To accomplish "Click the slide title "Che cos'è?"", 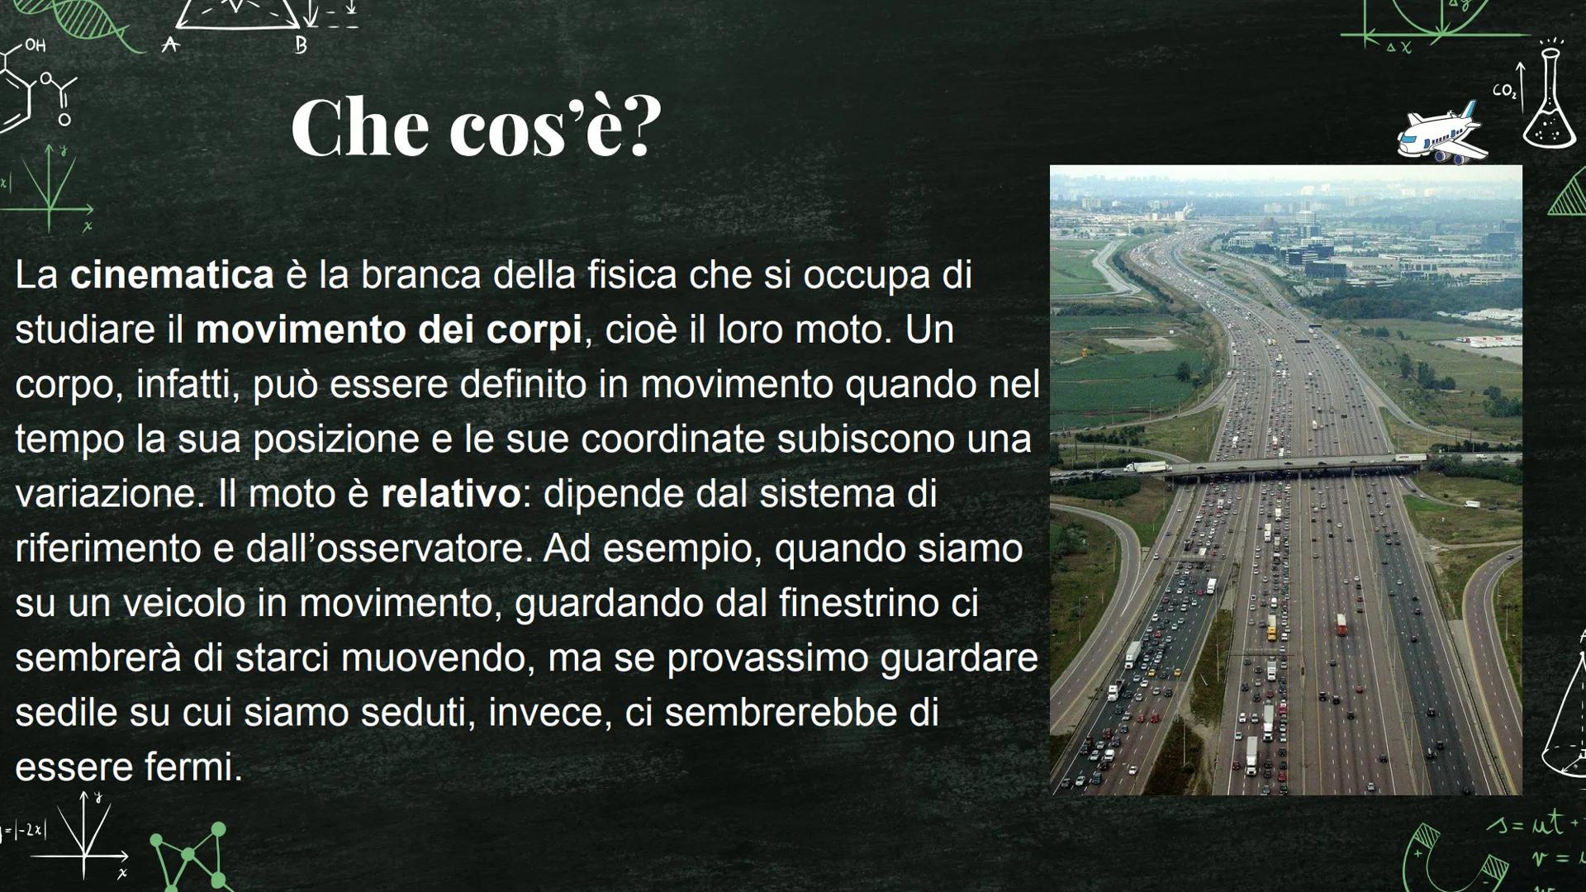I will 476,127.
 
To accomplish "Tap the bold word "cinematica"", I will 172,275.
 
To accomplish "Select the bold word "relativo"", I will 450,494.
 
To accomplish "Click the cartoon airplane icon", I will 1441,132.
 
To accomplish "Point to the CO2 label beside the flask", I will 1504,91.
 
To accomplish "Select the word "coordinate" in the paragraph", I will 672,439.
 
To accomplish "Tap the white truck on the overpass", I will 1147,467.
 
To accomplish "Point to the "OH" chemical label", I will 35,45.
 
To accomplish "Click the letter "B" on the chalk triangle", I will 301,46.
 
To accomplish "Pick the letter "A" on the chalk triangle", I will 170,45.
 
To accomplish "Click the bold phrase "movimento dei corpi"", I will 388,330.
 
